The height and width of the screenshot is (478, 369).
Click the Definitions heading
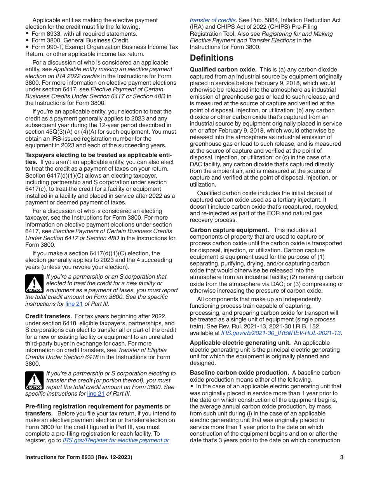(212, 58)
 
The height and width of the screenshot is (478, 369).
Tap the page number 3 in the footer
(341, 457)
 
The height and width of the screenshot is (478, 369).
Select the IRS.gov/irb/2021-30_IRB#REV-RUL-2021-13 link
(280, 333)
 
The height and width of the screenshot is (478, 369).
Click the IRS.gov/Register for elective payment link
(116, 440)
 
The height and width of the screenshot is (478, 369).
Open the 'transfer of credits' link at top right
(212, 20)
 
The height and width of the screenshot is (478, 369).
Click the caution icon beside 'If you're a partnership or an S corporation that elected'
(34, 284)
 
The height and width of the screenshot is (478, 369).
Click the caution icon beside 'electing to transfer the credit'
(34, 380)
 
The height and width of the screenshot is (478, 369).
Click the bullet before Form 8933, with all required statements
(27, 33)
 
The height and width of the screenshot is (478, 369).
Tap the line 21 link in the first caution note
(74, 304)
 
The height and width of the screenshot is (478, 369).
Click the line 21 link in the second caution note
(96, 394)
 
